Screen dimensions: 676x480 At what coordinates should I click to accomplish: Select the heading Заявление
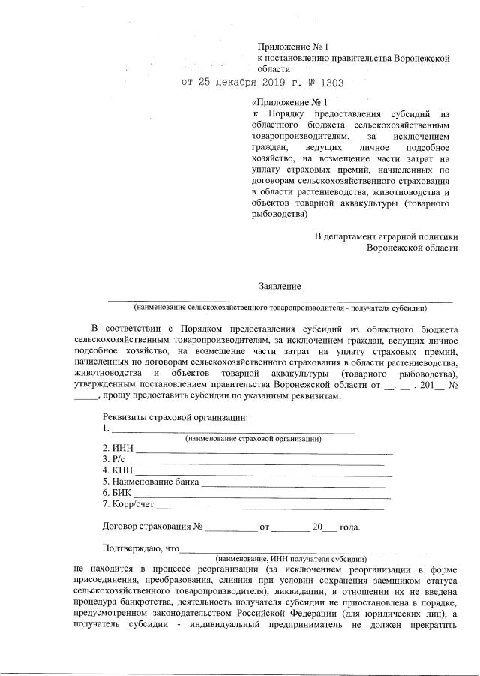(280, 287)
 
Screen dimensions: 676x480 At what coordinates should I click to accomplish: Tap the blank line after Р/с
(255, 464)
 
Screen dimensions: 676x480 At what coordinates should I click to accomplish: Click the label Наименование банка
(151, 481)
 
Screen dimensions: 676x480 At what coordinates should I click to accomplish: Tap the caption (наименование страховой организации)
(253, 438)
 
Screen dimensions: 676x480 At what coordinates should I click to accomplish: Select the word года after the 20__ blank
(349, 527)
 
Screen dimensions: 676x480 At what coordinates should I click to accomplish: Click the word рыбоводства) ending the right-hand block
(280, 214)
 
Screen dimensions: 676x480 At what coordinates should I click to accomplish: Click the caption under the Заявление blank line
(280, 308)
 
